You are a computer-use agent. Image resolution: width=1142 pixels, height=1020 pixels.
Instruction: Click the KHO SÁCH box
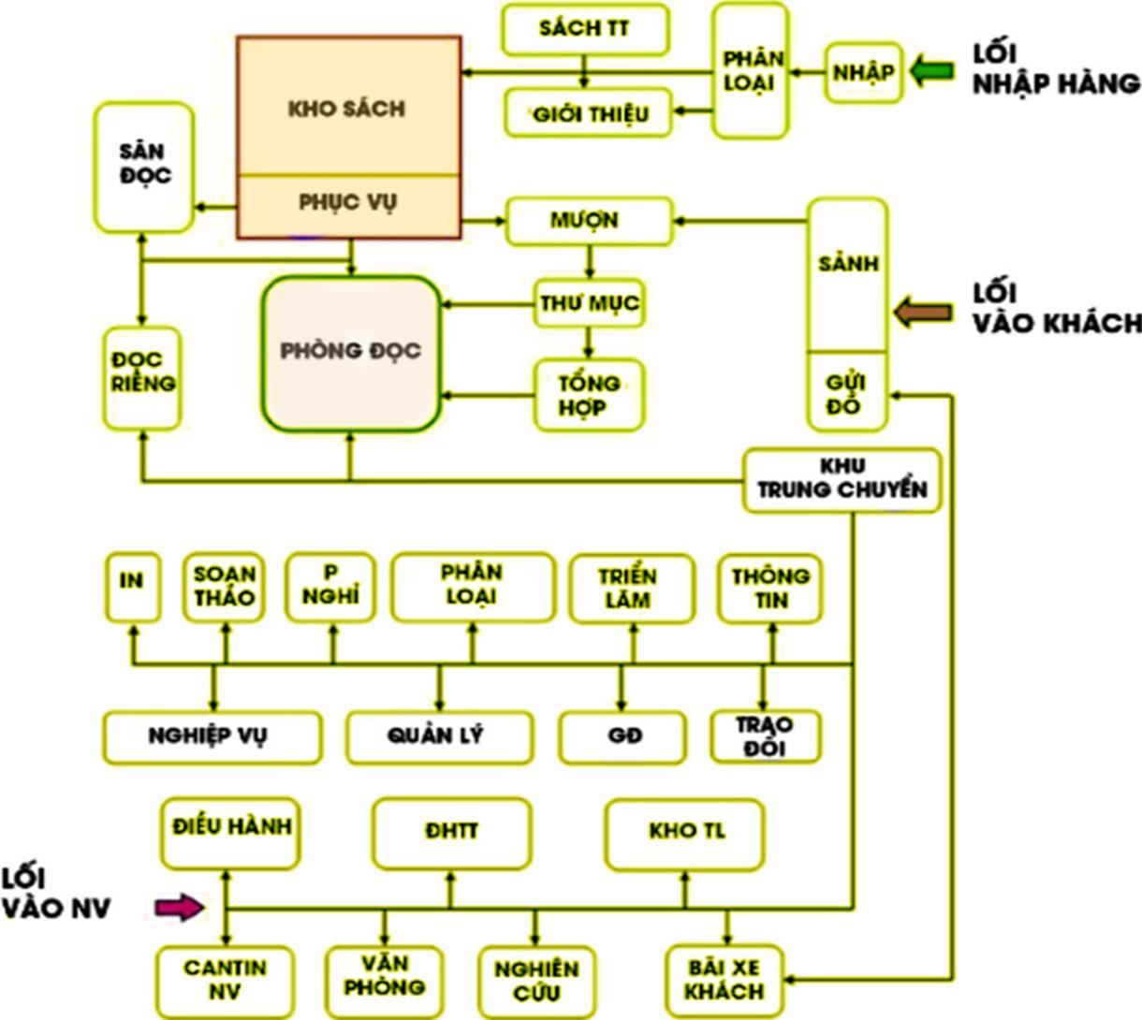click(347, 108)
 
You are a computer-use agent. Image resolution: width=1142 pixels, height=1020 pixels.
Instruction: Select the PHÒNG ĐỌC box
click(351, 352)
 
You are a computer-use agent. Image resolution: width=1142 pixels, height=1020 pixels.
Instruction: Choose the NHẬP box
click(863, 72)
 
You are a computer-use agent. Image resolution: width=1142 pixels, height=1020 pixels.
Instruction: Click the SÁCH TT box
click(585, 29)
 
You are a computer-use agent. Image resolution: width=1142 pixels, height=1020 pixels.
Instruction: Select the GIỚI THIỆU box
click(590, 114)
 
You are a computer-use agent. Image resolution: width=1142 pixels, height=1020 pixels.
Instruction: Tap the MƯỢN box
click(589, 221)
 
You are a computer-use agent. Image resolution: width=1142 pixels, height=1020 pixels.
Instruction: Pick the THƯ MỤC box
click(589, 303)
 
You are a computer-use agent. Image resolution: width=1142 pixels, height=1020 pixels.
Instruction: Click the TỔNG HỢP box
click(589, 395)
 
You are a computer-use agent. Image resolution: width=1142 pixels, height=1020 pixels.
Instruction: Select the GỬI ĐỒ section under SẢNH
click(846, 393)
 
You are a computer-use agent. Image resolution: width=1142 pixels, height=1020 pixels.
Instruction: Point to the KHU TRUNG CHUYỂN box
click(842, 478)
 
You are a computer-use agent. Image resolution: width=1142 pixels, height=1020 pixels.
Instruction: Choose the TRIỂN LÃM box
click(632, 589)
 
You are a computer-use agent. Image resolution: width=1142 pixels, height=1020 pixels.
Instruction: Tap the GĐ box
click(622, 736)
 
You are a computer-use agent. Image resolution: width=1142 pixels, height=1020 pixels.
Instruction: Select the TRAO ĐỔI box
click(765, 736)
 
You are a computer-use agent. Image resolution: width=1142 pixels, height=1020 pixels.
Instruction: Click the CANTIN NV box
click(225, 979)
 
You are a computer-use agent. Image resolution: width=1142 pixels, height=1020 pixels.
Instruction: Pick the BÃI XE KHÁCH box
click(725, 980)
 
